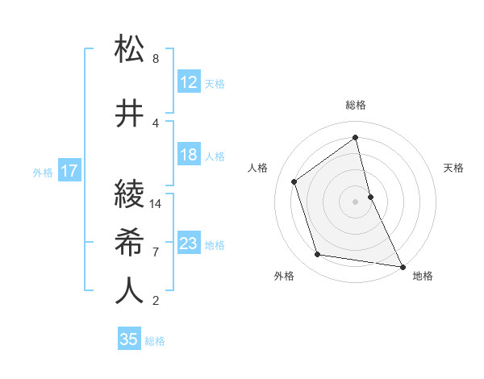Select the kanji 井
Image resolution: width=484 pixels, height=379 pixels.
pyautogui.click(x=130, y=113)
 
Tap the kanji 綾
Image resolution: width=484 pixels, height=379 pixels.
pyautogui.click(x=130, y=194)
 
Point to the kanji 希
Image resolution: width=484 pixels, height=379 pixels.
pyautogui.click(x=130, y=242)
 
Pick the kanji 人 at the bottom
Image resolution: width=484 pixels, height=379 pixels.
pyautogui.click(x=130, y=291)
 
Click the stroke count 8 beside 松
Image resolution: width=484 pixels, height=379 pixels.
pyautogui.click(x=156, y=59)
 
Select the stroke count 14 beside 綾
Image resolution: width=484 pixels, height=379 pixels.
pyautogui.click(x=156, y=204)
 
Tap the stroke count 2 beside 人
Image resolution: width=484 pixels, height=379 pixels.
pyautogui.click(x=156, y=302)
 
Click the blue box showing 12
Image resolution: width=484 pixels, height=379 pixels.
pyautogui.click(x=189, y=82)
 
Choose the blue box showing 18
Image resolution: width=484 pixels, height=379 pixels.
pyautogui.click(x=189, y=155)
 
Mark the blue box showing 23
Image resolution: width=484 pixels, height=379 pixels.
pyautogui.click(x=189, y=244)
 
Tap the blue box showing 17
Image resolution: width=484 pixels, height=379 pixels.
pyautogui.click(x=69, y=171)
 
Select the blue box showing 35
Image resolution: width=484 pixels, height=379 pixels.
pyautogui.click(x=129, y=339)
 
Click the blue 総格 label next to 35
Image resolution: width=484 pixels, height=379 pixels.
pyautogui.click(x=155, y=341)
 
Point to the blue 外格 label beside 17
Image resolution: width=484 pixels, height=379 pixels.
pyautogui.click(x=43, y=172)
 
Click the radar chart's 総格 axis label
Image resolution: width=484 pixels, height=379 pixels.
pyautogui.click(x=356, y=105)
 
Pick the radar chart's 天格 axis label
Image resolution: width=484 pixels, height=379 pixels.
pyautogui.click(x=454, y=168)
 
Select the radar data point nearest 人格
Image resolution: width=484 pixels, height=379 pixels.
pyautogui.click(x=294, y=181)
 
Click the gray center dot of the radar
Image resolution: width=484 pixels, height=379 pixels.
pyautogui.click(x=356, y=202)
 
